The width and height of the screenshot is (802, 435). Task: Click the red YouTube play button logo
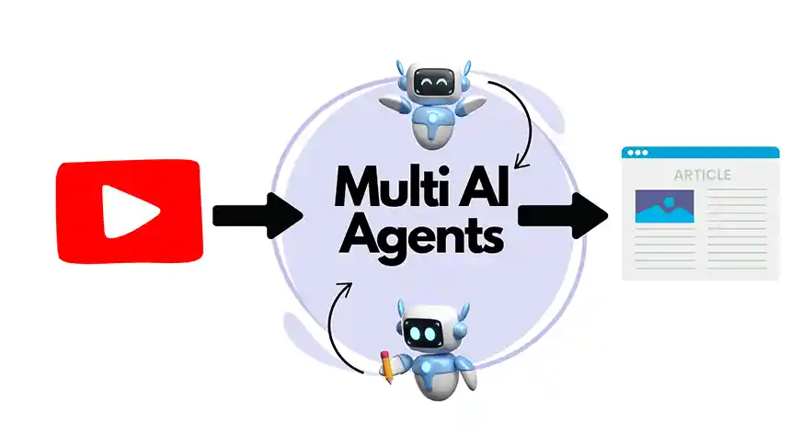coord(128,211)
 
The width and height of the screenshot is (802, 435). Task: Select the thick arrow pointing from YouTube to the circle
coord(257,215)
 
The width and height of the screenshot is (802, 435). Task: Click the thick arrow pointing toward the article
coord(564,214)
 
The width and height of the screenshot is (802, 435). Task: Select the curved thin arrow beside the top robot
coord(525,120)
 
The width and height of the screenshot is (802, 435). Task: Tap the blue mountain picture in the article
coord(663,206)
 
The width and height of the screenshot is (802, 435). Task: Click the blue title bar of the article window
coord(700,152)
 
